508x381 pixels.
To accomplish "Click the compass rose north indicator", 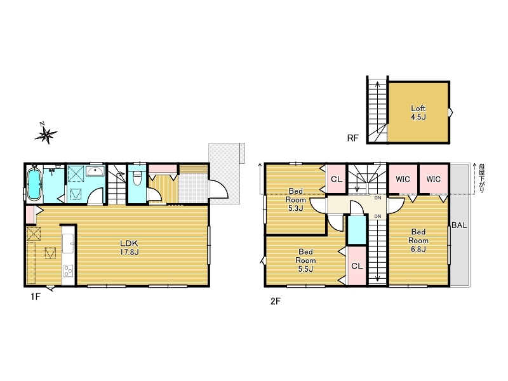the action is click(46, 133).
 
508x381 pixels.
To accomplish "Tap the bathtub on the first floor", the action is click(34, 184).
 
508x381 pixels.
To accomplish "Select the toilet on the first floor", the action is click(137, 178).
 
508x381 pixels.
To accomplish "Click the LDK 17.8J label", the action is click(130, 248).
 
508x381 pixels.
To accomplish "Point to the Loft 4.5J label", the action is click(418, 113).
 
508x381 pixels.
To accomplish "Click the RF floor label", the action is click(353, 138).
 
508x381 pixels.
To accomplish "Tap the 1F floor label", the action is click(36, 297).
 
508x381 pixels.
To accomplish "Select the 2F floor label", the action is click(276, 301).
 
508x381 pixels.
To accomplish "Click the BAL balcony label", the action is click(459, 225).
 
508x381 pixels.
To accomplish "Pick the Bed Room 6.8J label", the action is click(418, 241).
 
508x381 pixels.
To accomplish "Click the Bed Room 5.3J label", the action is click(295, 199).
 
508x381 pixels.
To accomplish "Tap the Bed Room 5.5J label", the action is click(305, 260).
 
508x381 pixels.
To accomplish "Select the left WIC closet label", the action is click(403, 179).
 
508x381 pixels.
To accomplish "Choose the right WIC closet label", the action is click(434, 179).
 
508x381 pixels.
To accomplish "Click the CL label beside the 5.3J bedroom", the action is click(337, 179).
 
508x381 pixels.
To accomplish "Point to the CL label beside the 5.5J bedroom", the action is click(357, 266).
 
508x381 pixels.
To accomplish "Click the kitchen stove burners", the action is click(68, 271).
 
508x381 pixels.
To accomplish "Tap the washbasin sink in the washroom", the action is click(95, 171).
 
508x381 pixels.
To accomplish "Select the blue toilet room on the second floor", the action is click(357, 229).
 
